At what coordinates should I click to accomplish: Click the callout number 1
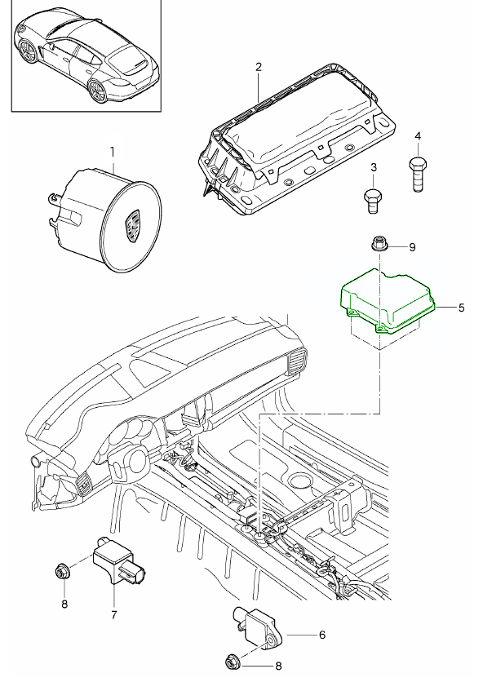(x=113, y=153)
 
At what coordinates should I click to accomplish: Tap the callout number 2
(x=259, y=67)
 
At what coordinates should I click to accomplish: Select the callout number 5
(x=461, y=308)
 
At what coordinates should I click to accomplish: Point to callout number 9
(x=412, y=247)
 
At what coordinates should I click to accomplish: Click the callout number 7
(x=114, y=614)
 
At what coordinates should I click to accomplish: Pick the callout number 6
(x=322, y=635)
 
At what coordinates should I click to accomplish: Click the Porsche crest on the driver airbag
(x=132, y=225)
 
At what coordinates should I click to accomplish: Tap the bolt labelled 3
(x=373, y=201)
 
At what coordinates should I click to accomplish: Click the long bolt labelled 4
(x=418, y=174)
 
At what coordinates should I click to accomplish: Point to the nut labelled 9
(x=377, y=244)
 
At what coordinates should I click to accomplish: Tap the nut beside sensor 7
(x=60, y=571)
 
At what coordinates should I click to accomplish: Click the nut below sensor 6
(x=232, y=663)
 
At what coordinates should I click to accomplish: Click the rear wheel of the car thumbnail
(x=96, y=92)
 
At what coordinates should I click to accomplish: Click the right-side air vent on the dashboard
(x=297, y=361)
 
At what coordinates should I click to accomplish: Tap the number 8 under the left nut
(x=64, y=604)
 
